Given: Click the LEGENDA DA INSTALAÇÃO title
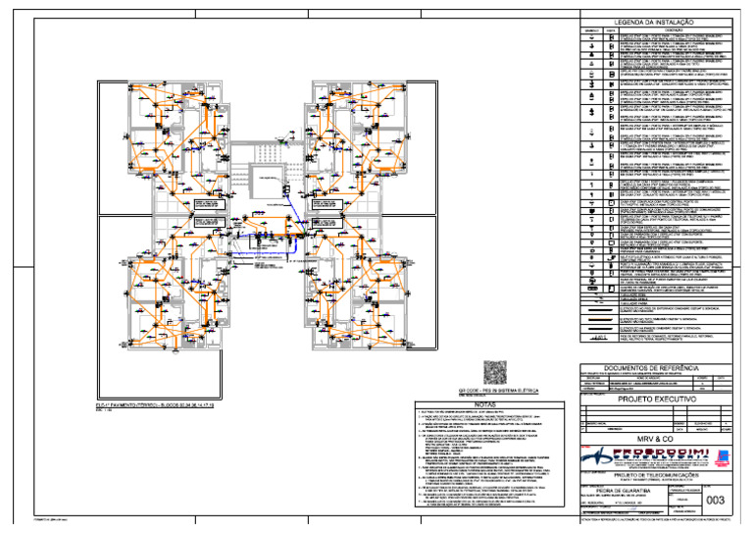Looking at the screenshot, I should [653, 22].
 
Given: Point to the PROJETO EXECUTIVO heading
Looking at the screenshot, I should [654, 400].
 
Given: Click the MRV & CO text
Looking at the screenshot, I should [654, 438].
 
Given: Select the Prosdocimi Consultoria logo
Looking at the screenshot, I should [637, 456].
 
